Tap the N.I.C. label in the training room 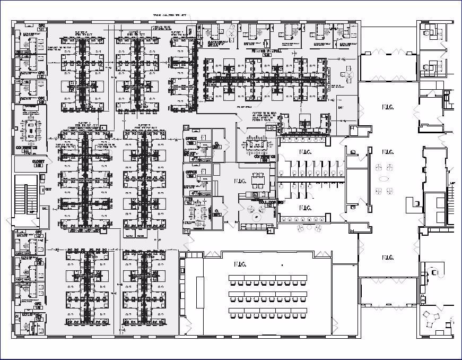click(x=241, y=264)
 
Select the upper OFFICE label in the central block click(x=190, y=139)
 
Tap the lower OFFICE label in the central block click(x=190, y=172)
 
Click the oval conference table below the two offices click(x=199, y=213)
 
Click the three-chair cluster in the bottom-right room click(x=430, y=320)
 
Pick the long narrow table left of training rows click(x=199, y=291)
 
